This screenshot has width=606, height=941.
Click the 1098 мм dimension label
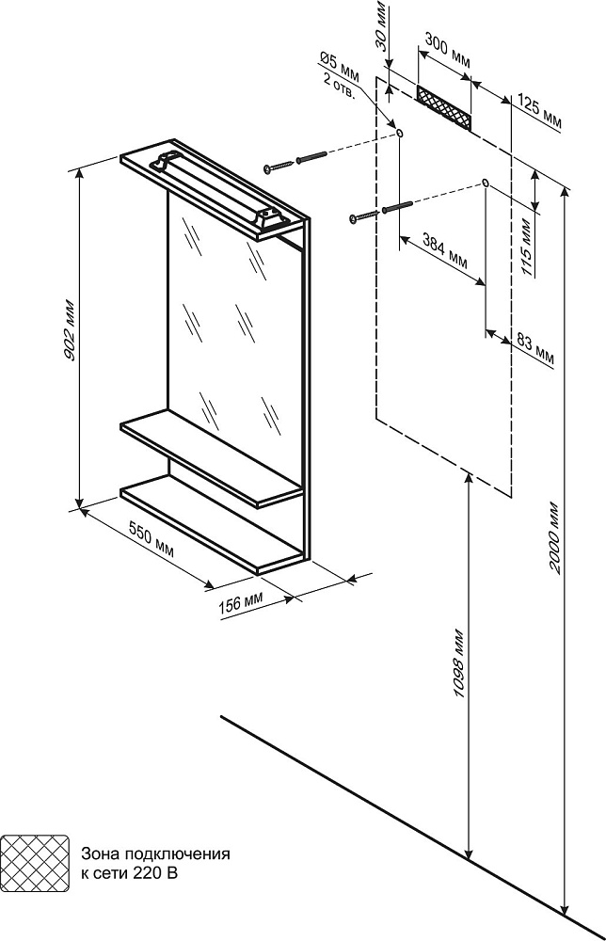pyautogui.click(x=458, y=663)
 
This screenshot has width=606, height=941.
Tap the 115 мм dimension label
pyautogui.click(x=526, y=248)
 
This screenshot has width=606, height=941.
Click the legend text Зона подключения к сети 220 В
pyautogui.click(x=155, y=864)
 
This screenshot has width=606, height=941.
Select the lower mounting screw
pyautogui.click(x=380, y=211)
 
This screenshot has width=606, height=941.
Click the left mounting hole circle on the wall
pyautogui.click(x=401, y=135)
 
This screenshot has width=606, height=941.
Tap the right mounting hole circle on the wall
pyautogui.click(x=485, y=182)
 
